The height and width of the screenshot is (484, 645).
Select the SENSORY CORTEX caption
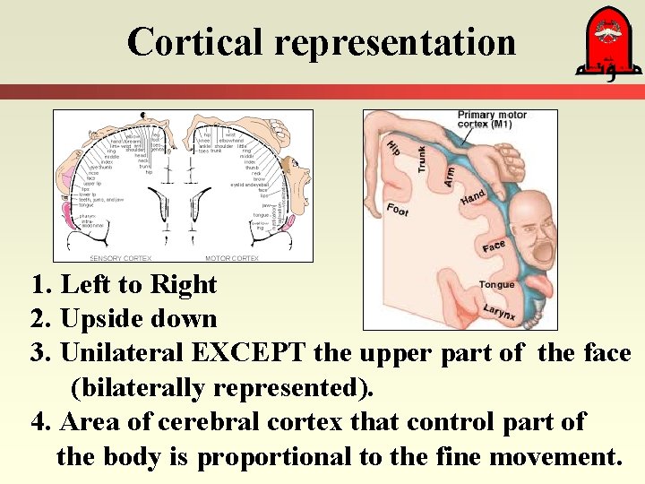[120, 258]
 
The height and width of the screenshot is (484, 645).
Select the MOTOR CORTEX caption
[232, 258]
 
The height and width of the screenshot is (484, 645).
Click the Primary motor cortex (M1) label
[493, 119]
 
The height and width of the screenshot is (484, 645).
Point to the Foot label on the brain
[398, 209]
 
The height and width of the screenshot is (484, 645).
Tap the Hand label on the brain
[472, 198]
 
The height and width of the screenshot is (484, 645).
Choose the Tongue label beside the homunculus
[496, 285]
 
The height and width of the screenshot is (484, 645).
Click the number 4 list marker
[39, 422]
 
